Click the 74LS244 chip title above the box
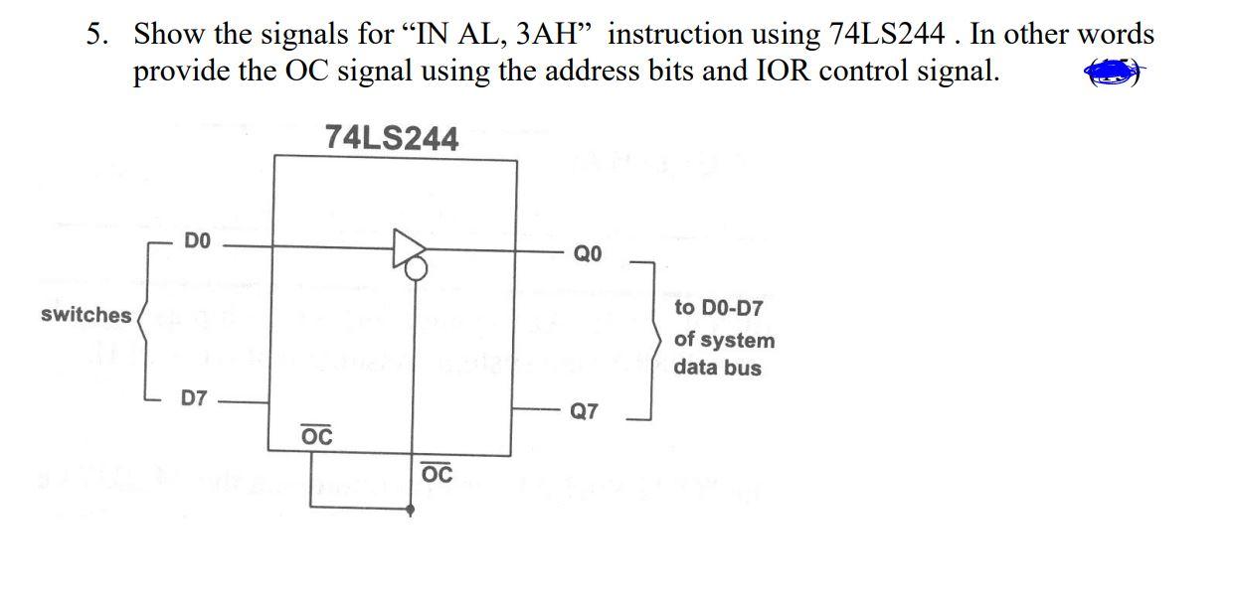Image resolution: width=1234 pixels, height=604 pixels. click(x=392, y=139)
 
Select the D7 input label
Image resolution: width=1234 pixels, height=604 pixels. click(x=195, y=399)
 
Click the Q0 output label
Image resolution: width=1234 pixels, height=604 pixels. click(x=587, y=253)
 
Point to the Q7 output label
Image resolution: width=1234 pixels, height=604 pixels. click(x=585, y=411)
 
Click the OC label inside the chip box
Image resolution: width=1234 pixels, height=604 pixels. click(x=316, y=436)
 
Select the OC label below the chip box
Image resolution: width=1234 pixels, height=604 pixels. click(x=437, y=474)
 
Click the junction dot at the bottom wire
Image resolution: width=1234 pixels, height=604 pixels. click(x=412, y=509)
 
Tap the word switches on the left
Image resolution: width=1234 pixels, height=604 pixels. click(x=87, y=315)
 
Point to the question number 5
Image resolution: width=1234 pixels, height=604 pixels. click(x=94, y=35)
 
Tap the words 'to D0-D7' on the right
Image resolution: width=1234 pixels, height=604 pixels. click(x=719, y=308)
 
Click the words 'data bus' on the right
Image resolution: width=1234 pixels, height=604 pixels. click(x=718, y=368)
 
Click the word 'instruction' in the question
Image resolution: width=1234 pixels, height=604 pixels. click(x=683, y=35)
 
